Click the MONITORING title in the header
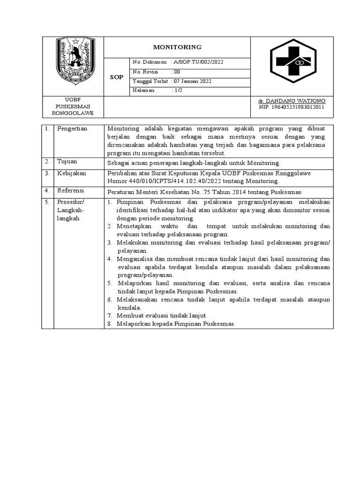click(x=178, y=47)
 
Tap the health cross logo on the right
click(x=292, y=66)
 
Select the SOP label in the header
click(x=116, y=77)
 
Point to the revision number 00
click(x=177, y=72)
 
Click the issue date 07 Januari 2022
click(x=192, y=81)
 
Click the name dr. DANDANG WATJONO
click(x=292, y=101)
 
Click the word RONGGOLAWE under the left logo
click(x=73, y=113)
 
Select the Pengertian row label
click(x=73, y=128)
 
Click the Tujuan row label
click(x=67, y=161)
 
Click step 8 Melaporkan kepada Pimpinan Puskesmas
click(x=176, y=324)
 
